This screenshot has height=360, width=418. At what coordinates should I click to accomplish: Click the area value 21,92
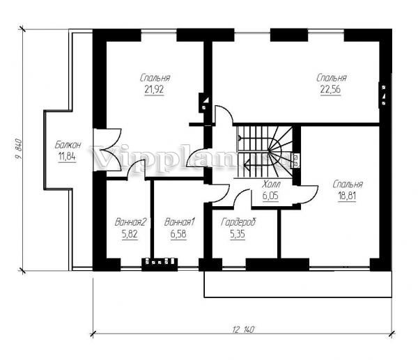pyautogui.click(x=154, y=90)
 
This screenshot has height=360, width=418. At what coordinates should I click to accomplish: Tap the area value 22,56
pyautogui.click(x=330, y=90)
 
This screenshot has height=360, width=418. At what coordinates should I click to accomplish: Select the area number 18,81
pyautogui.click(x=347, y=196)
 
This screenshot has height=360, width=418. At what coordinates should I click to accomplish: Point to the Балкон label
pyautogui.click(x=68, y=145)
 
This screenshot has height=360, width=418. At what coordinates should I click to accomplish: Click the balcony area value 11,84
pyautogui.click(x=67, y=157)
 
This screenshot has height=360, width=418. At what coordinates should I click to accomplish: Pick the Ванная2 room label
pyautogui.click(x=131, y=222)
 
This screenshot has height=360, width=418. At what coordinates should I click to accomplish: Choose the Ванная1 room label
pyautogui.click(x=180, y=222)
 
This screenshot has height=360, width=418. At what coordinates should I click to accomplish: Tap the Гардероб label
pyautogui.click(x=238, y=223)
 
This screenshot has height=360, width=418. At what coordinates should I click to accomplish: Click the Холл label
pyautogui.click(x=271, y=184)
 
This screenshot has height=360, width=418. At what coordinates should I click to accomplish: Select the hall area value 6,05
pyautogui.click(x=270, y=196)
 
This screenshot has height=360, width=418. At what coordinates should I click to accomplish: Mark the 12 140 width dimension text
pyautogui.click(x=243, y=329)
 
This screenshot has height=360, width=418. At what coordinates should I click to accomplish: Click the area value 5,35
pyautogui.click(x=238, y=234)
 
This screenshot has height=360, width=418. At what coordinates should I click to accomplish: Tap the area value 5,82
pyautogui.click(x=130, y=234)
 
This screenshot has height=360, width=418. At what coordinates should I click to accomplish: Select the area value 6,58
pyautogui.click(x=178, y=234)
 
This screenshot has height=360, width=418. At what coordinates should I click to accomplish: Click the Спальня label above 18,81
pyautogui.click(x=348, y=185)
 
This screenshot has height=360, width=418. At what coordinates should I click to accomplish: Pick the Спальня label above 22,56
pyautogui.click(x=332, y=78)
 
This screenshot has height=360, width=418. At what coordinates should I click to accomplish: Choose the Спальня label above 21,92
pyautogui.click(x=155, y=78)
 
